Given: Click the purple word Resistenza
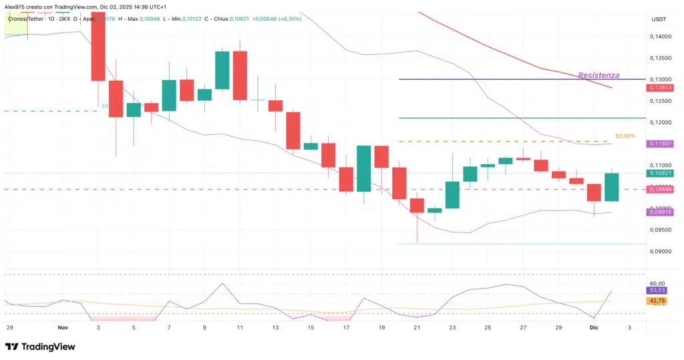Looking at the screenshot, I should pyautogui.click(x=598, y=75).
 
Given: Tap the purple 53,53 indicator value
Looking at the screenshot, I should pyautogui.click(x=657, y=291).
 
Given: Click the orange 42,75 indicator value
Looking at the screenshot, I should pyautogui.click(x=657, y=301).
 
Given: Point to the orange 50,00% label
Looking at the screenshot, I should pyautogui.click(x=625, y=136).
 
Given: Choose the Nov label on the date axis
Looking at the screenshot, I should pyautogui.click(x=63, y=328).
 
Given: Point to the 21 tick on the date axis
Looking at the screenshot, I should pyautogui.click(x=417, y=328).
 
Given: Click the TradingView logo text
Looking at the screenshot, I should pyautogui.click(x=48, y=347).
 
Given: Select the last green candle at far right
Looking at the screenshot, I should pyautogui.click(x=612, y=187).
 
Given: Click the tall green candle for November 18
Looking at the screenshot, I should pyautogui.click(x=364, y=169).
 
